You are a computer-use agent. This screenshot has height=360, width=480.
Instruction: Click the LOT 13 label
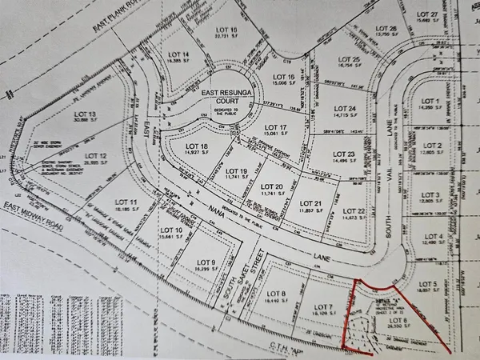84,114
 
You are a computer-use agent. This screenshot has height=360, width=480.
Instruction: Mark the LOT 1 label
432,100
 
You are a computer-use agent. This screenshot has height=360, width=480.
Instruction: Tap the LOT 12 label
95,155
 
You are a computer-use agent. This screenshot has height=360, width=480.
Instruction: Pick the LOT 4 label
433,237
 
